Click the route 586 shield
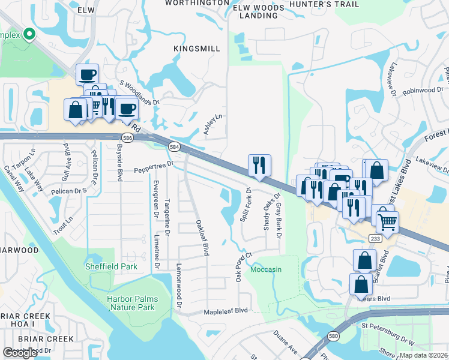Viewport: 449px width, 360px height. [x=128, y=137]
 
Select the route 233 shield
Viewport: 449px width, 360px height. [x=376, y=239]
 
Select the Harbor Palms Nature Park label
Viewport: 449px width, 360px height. [x=131, y=303]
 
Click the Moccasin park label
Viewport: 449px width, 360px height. [x=266, y=269]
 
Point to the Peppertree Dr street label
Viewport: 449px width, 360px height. [x=153, y=163]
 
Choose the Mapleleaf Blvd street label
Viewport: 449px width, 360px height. [x=225, y=311]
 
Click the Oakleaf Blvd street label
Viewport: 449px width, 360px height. [x=202, y=238]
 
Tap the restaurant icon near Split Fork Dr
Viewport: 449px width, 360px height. [x=259, y=164]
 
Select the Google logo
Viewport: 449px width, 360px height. [x=20, y=353]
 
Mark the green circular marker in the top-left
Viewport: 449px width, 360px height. [x=28, y=34]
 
